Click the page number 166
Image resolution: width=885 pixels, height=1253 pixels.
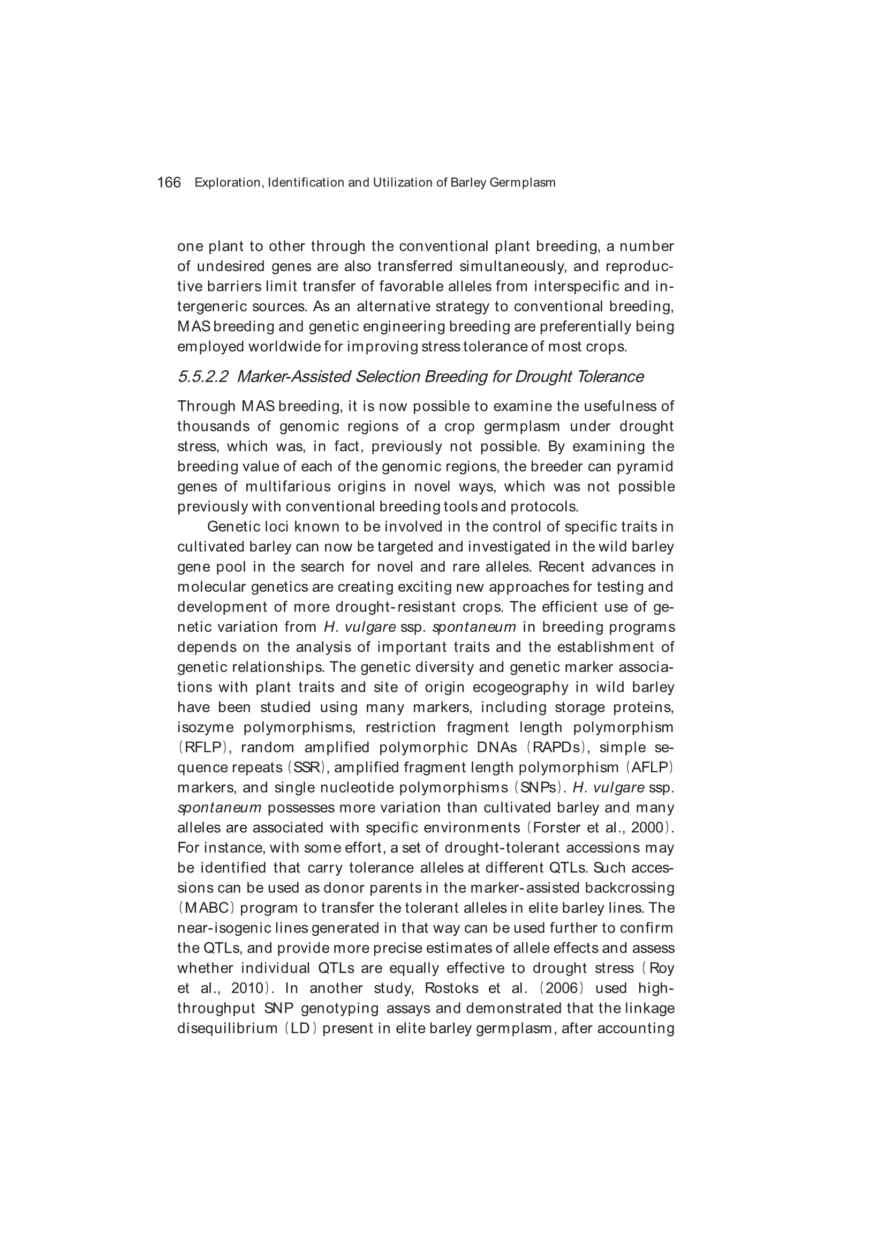coord(169,182)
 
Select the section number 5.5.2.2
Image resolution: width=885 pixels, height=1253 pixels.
coord(203,377)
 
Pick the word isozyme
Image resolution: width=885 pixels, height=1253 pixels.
coord(205,727)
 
